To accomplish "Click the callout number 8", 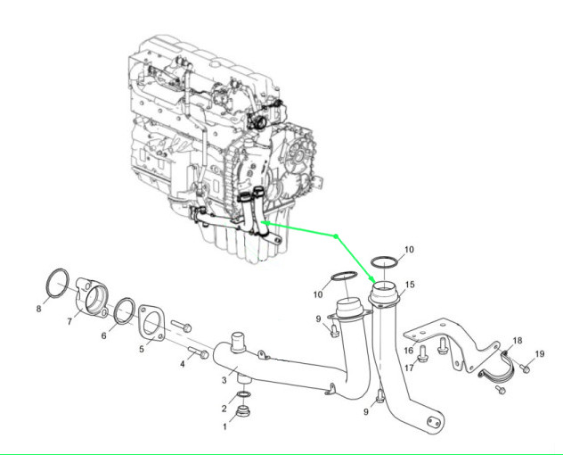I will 39,310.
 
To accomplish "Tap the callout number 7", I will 69,322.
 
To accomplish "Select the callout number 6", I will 104,335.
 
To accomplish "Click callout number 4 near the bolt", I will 183,363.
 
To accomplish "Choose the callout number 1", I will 224,426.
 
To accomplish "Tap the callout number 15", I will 410,285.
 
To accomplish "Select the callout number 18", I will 518,341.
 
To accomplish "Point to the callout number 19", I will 539,355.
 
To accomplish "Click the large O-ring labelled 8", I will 59,282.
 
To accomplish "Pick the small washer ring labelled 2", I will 241,395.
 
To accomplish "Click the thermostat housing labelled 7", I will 93,298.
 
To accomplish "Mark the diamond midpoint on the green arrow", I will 336,236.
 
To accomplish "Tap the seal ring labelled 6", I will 125,310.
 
